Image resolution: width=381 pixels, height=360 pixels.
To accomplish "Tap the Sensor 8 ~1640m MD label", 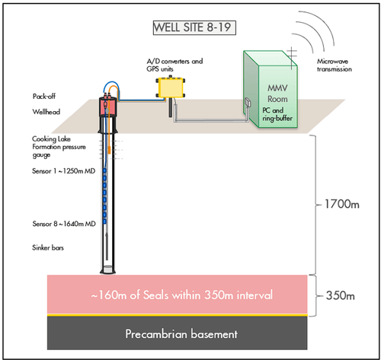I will click(x=61, y=225).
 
